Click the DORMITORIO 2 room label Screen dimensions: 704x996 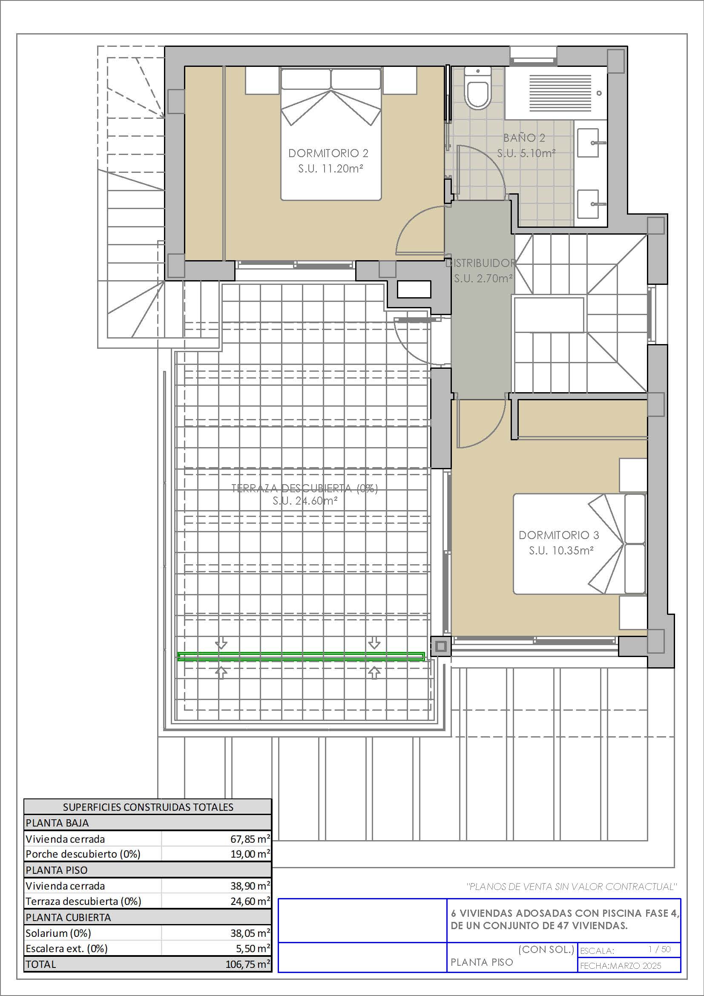click(x=328, y=153)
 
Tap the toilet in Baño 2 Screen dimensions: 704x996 click(x=477, y=88)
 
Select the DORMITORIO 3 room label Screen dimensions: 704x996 click(x=559, y=535)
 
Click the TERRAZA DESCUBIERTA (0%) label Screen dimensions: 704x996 click(x=305, y=488)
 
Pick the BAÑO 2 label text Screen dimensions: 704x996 click(x=524, y=138)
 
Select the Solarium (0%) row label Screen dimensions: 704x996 click(x=58, y=933)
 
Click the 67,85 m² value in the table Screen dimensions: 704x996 click(x=250, y=839)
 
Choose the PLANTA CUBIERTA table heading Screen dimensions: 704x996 click(x=62, y=918)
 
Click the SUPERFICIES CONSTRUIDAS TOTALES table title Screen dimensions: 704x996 click(x=148, y=807)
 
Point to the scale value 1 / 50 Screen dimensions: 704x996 click(x=659, y=949)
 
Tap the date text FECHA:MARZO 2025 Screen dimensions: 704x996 click(x=621, y=966)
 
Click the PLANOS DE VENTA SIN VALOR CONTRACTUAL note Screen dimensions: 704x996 click(x=571, y=887)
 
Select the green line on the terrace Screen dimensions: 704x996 click(x=301, y=657)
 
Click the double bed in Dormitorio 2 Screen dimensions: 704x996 click(x=331, y=134)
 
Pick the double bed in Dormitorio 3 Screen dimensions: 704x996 click(x=580, y=544)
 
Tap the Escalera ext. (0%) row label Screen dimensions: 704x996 click(x=66, y=949)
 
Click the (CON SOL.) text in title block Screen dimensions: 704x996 click(x=546, y=950)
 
